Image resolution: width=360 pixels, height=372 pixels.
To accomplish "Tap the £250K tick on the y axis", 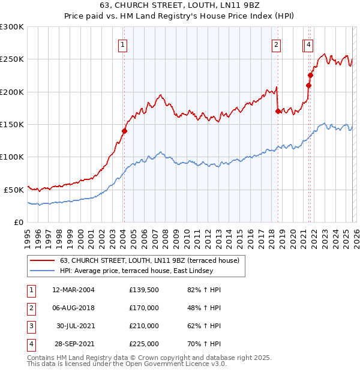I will tap(12, 59).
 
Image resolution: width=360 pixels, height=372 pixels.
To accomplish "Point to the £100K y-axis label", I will tap(12, 157).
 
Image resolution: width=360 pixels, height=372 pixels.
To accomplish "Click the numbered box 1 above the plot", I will tap(122, 44).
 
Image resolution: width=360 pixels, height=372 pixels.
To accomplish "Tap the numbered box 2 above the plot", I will tap(276, 44).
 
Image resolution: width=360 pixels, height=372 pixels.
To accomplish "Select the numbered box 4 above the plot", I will tap(308, 44).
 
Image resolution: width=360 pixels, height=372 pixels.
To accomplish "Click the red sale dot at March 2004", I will tap(125, 131).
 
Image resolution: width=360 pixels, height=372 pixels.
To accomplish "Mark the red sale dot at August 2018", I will tap(278, 111).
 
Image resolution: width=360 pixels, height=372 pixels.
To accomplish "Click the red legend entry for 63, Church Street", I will tap(149, 260).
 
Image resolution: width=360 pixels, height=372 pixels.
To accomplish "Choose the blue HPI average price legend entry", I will tap(145, 271).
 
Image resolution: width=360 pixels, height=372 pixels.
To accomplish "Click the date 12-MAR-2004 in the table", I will tap(73, 290).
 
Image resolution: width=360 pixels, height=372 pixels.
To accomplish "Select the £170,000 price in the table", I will tap(144, 308).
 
